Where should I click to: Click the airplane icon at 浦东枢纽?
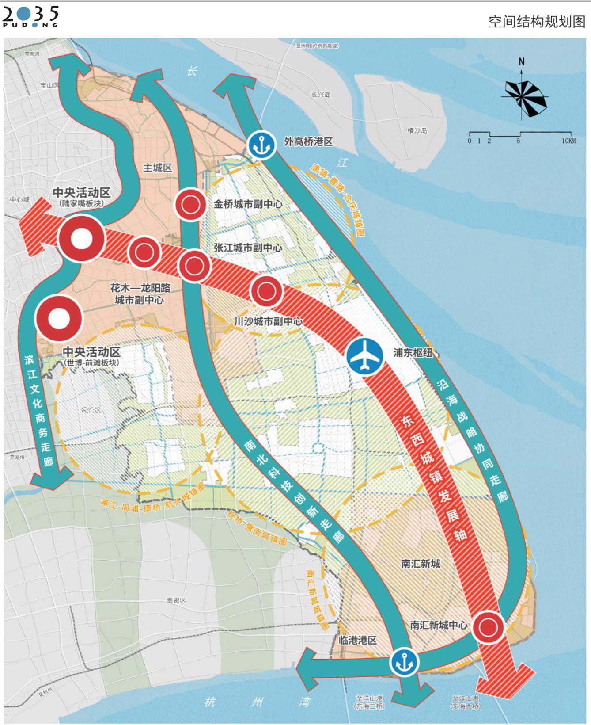364,355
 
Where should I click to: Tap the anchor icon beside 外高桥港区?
261,144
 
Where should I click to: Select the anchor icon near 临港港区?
404,662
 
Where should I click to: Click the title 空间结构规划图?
536,22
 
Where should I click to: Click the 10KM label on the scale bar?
568,141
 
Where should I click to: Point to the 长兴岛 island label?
321,95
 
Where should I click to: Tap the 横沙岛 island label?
417,131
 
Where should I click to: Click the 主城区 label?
157,168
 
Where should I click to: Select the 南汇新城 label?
420,564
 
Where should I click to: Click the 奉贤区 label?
176,600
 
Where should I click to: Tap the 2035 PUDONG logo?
30,17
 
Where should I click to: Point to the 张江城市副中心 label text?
248,248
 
